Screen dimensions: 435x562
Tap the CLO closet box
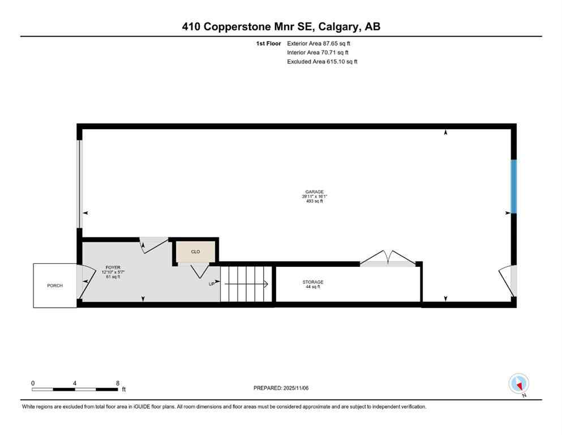coord(195,251)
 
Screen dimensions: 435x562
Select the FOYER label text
coord(113,267)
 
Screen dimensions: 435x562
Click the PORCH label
coord(55,285)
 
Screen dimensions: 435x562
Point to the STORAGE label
coord(312,282)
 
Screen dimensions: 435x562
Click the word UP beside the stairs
coord(212,284)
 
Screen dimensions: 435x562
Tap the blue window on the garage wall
coord(514,186)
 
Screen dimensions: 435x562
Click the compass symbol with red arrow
coord(518,383)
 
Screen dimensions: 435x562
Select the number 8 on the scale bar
coord(117,383)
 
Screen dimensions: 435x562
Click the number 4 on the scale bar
coord(75,383)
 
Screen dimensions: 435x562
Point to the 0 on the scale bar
coord(33,383)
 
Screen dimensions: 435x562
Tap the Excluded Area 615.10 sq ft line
coord(322,62)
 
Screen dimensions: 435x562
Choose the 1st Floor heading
coord(268,43)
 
